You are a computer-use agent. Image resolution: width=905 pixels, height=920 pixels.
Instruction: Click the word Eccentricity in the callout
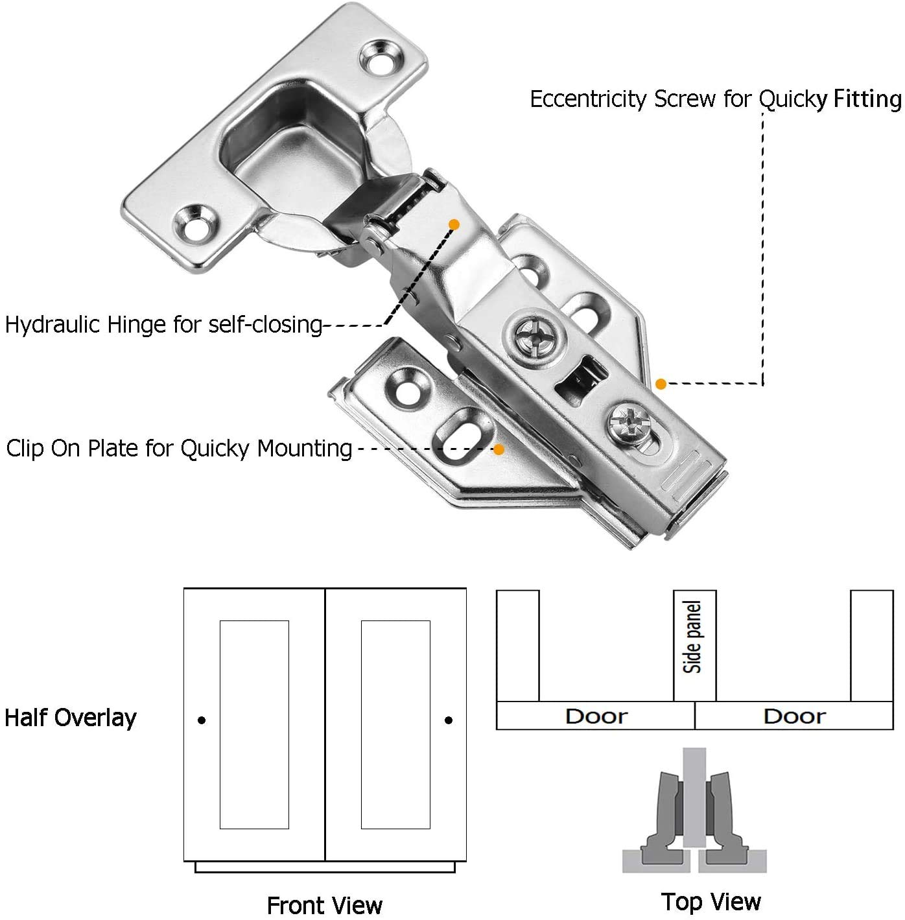pos(589,99)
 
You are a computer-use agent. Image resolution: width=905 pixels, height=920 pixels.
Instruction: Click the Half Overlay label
pos(71,718)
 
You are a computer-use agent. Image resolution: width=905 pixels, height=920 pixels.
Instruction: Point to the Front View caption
pos(325,905)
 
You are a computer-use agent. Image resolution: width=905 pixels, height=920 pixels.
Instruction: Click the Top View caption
pos(711,901)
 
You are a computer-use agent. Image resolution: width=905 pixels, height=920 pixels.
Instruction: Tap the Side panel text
pos(694,637)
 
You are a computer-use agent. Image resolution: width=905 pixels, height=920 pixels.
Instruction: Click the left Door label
pos(596,716)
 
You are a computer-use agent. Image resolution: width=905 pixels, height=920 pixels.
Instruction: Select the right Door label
pos(794,716)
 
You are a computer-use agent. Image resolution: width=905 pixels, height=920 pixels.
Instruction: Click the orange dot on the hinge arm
pos(454,224)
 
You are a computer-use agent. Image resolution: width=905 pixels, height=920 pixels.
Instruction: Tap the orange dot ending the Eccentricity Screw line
pos(661,384)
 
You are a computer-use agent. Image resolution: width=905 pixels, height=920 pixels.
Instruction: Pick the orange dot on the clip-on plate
pos(499,449)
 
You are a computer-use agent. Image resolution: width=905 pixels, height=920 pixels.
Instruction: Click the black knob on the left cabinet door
pos(202,720)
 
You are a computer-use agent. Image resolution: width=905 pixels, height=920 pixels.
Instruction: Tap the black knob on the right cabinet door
pos(449,720)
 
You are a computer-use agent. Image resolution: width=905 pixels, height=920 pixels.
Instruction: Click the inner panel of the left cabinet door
pos(254,724)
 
